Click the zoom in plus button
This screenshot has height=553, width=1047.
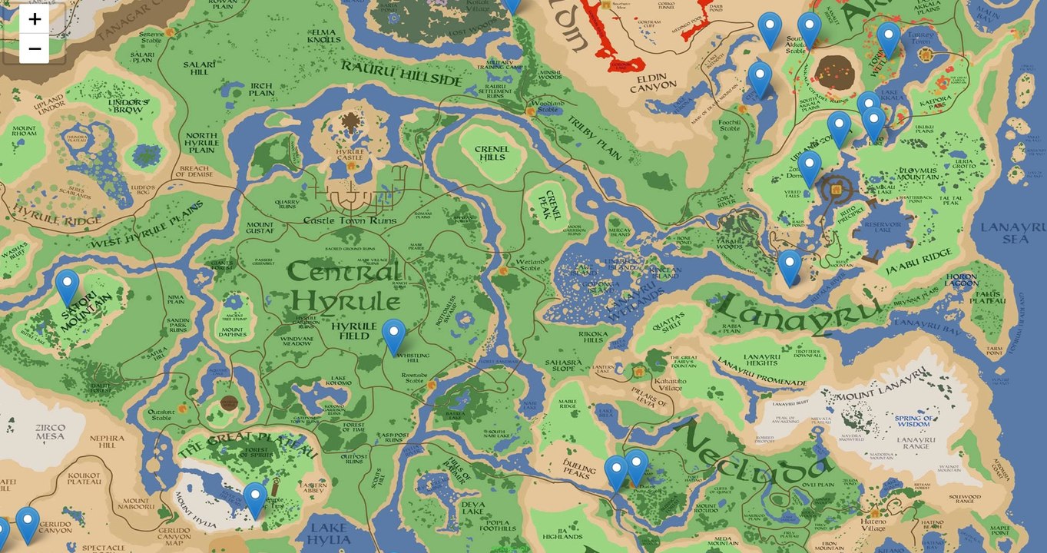tap(35, 18)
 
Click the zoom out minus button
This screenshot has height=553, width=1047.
tap(35, 49)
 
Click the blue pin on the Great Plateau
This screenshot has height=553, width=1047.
tap(255, 500)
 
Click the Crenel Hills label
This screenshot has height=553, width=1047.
tap(491, 153)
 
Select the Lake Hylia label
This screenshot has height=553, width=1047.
tap(329, 535)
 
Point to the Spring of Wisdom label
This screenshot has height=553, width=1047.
tap(913, 421)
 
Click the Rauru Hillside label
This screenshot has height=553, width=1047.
tap(402, 73)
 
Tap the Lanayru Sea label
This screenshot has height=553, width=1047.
tap(1012, 233)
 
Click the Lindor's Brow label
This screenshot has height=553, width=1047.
tap(128, 106)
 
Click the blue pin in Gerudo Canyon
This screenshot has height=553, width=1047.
tap(28, 525)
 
